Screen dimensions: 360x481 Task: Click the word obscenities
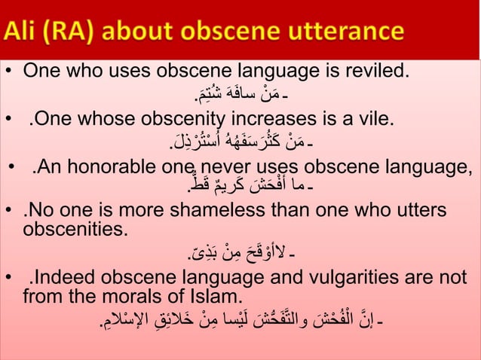(x=75, y=227)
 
